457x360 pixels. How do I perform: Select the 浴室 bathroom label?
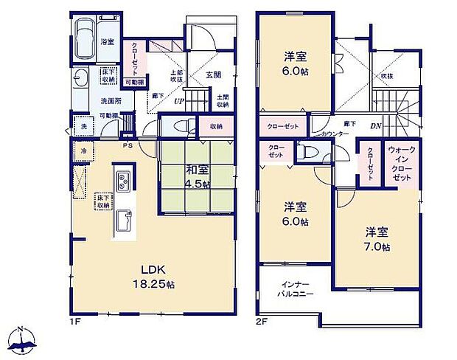point(108,42)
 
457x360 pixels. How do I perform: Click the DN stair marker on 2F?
point(375,125)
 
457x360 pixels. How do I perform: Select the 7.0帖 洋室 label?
point(375,239)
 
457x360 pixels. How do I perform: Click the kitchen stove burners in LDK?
point(122,179)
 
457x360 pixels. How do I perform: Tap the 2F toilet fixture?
point(304,152)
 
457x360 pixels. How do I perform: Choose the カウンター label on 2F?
point(335,134)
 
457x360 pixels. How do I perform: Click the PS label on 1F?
point(128,145)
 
